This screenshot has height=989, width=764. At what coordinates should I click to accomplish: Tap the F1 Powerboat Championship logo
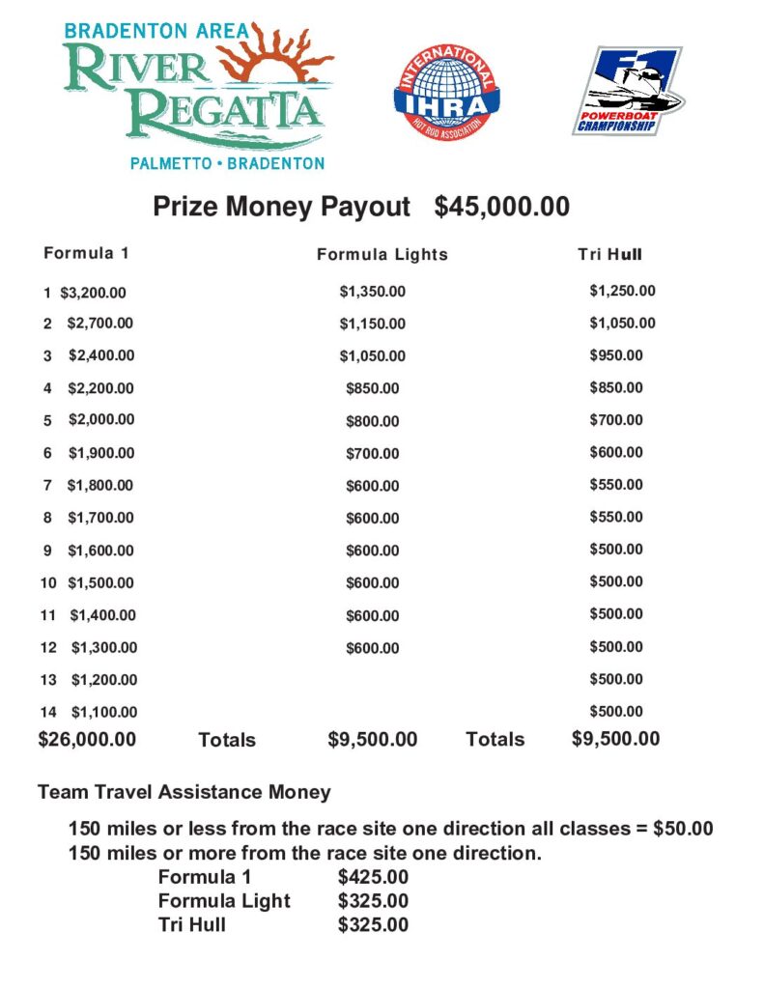click(627, 91)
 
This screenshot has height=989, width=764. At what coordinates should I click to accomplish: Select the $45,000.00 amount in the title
click(501, 207)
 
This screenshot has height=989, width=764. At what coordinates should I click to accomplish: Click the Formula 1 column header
click(86, 254)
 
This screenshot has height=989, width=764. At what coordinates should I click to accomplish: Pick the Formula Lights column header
click(382, 255)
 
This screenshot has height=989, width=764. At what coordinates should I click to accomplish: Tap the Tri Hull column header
click(609, 255)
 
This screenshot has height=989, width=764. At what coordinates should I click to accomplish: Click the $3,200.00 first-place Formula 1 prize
click(93, 293)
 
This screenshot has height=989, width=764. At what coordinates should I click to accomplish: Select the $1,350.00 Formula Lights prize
click(372, 291)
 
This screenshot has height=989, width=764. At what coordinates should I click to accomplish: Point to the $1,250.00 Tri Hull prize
click(622, 291)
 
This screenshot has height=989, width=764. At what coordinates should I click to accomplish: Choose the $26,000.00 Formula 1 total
click(87, 740)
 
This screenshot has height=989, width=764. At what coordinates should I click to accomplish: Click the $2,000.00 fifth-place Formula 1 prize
click(101, 420)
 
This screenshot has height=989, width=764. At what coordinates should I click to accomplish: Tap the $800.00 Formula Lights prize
click(372, 421)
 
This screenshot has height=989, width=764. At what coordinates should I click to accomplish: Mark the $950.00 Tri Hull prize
click(615, 355)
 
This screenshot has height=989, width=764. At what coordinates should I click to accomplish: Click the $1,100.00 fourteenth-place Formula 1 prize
click(104, 713)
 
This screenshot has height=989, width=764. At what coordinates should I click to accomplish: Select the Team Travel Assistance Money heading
click(184, 792)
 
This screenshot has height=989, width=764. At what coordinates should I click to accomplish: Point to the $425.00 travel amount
click(373, 877)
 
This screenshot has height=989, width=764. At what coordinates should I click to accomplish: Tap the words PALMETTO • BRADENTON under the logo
click(227, 163)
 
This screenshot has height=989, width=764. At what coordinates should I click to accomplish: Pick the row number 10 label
click(47, 583)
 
